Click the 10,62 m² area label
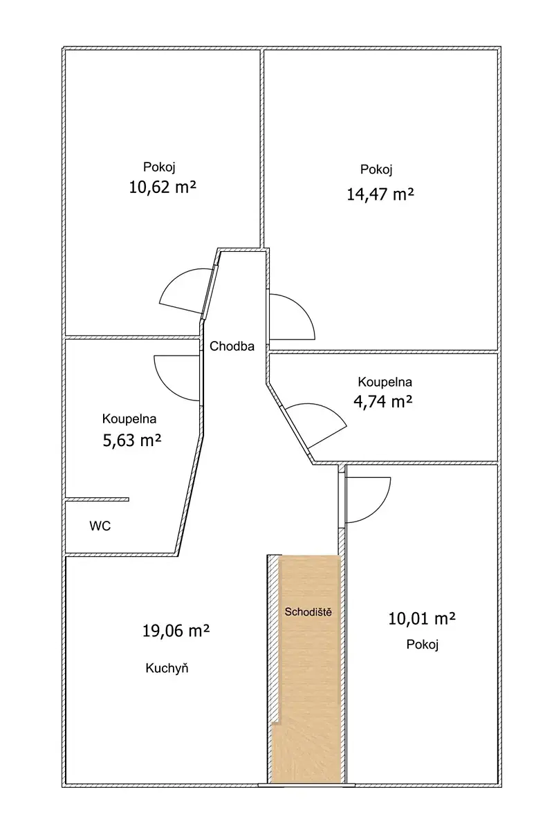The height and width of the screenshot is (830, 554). [163, 187]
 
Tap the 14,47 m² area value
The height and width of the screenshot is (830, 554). [380, 194]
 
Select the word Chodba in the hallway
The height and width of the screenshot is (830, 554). [232, 346]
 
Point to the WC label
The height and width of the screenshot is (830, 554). [100, 526]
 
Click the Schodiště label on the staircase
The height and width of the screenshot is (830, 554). [308, 611]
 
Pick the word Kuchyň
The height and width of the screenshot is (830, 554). [167, 668]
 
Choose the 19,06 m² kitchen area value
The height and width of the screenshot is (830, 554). [176, 631]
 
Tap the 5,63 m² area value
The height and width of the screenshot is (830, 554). [132, 441]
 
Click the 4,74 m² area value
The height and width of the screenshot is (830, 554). [383, 401]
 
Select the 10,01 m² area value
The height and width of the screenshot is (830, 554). [422, 618]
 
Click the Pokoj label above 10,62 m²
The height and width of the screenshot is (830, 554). [159, 167]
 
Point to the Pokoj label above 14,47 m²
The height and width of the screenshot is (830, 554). [376, 169]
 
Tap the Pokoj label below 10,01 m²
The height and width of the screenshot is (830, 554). [423, 645]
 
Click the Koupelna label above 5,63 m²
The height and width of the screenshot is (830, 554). [129, 419]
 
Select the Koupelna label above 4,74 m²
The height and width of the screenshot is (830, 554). [385, 382]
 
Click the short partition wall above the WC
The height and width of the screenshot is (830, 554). [97, 499]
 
